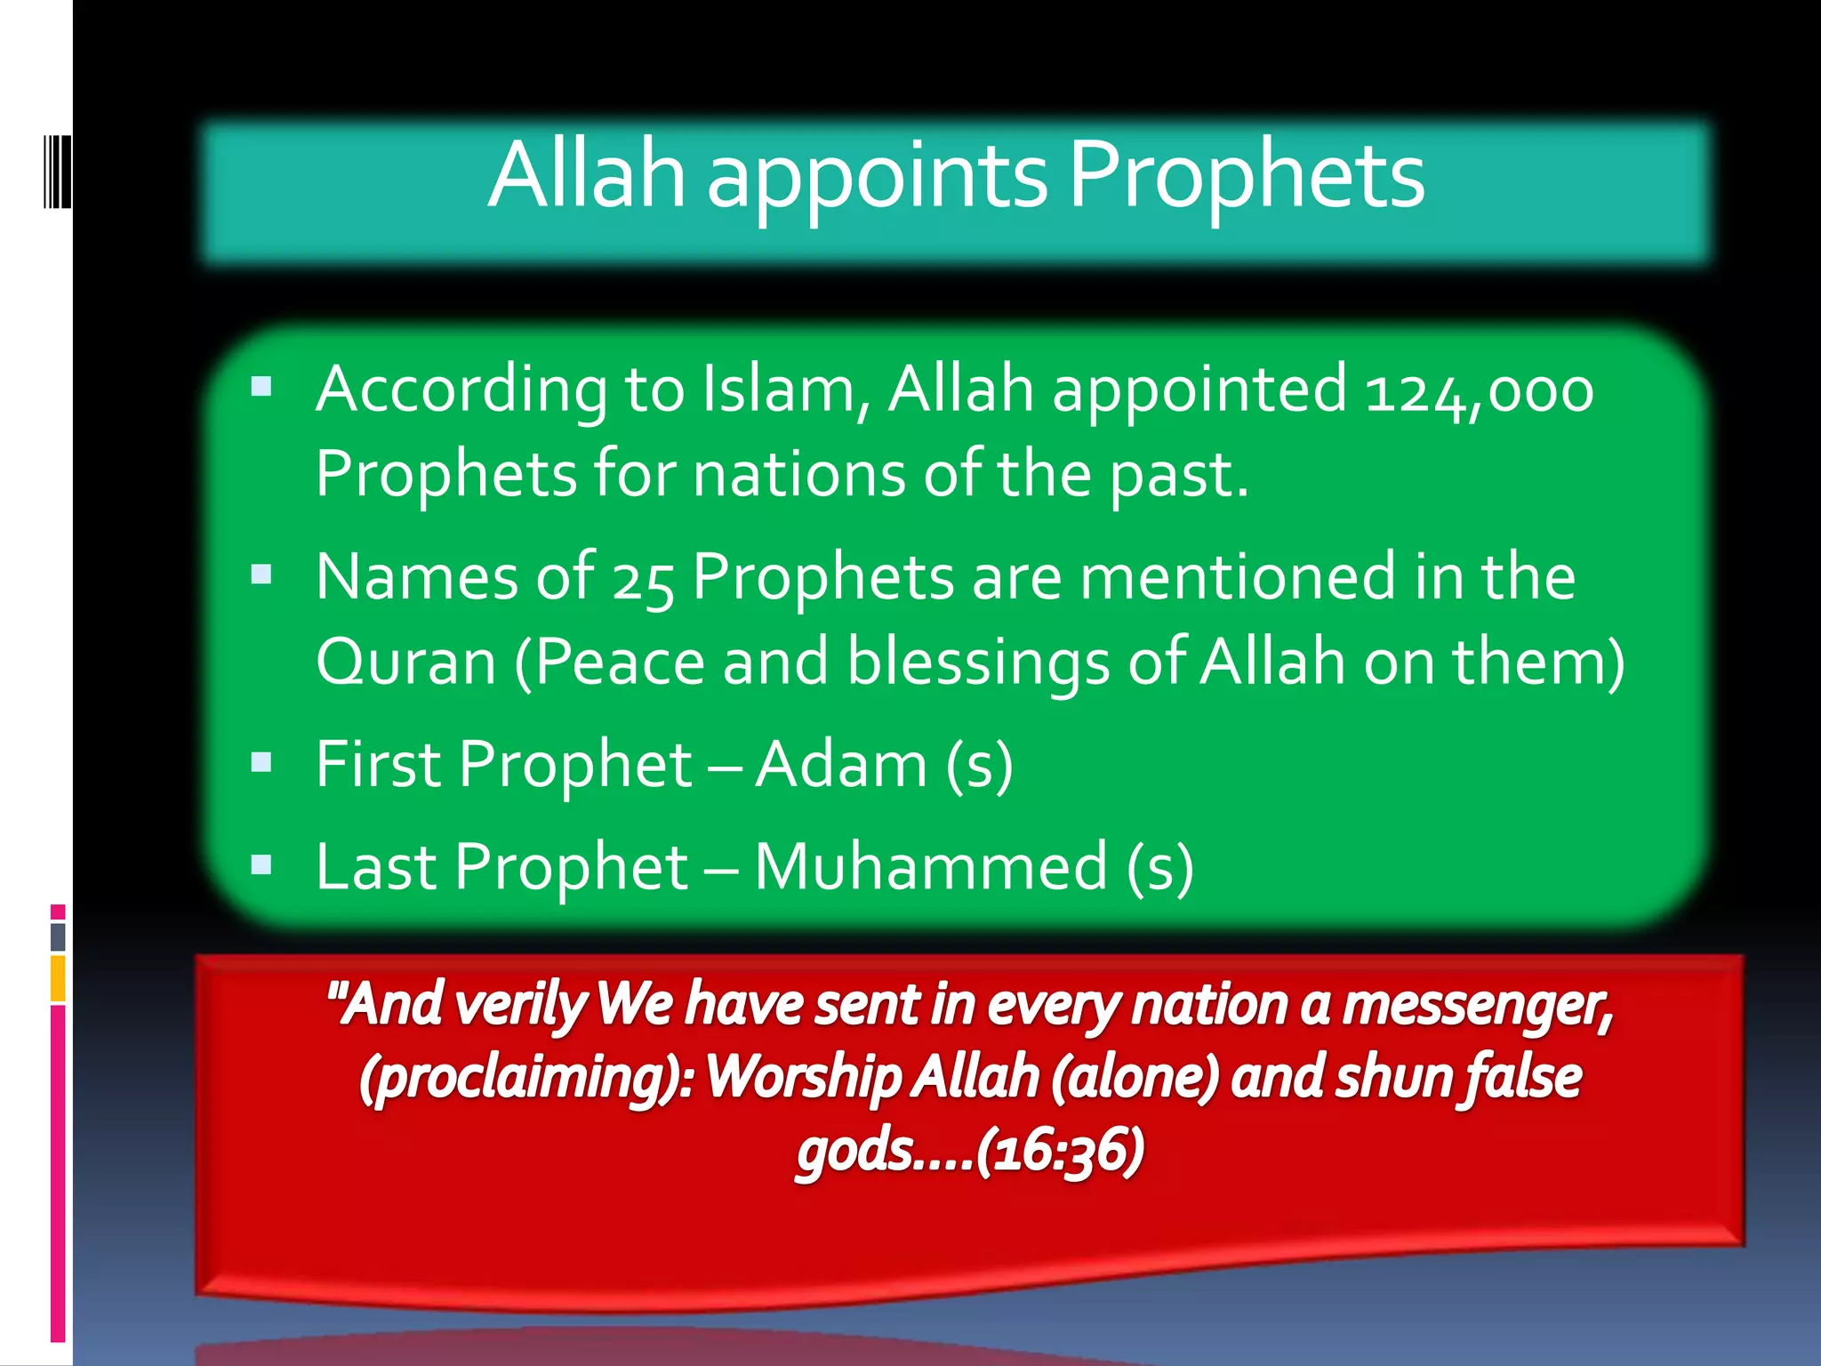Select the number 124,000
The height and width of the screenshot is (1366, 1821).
(x=1480, y=391)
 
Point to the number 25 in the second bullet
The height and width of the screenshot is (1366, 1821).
(x=642, y=580)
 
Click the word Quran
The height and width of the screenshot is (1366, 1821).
(x=405, y=663)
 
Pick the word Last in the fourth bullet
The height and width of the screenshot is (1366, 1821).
(x=376, y=867)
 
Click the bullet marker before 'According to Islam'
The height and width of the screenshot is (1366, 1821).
(x=261, y=387)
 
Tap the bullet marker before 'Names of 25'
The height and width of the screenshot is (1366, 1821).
(x=261, y=575)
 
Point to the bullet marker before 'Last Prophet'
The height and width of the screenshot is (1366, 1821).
(x=261, y=864)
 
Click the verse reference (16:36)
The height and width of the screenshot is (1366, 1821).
(x=1060, y=1151)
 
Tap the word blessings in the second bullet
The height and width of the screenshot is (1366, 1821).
(x=978, y=663)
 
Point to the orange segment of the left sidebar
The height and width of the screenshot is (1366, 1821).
(x=58, y=978)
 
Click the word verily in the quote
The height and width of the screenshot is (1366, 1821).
(x=520, y=1006)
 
